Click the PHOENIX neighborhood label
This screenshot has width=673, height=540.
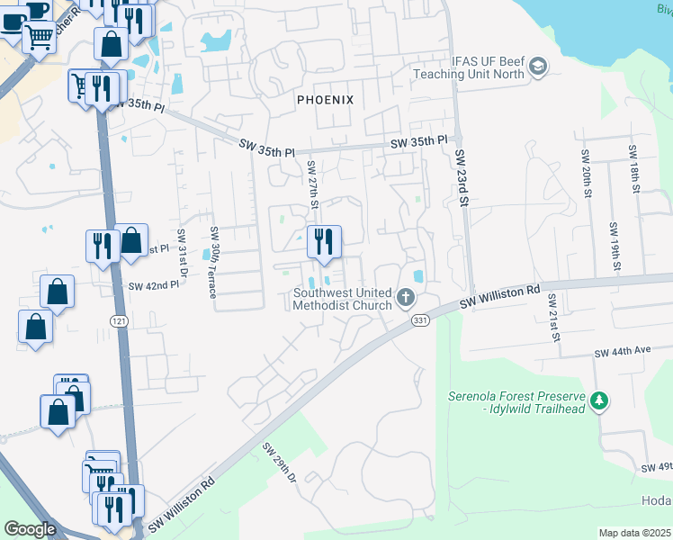pyautogui.click(x=326, y=100)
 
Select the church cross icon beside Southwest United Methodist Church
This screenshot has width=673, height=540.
pyautogui.click(x=406, y=296)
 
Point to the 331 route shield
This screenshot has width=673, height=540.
pyautogui.click(x=419, y=319)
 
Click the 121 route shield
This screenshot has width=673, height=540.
pyautogui.click(x=120, y=321)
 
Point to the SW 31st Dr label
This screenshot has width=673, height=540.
pyautogui.click(x=183, y=253)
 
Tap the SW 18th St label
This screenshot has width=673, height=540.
pyautogui.click(x=633, y=168)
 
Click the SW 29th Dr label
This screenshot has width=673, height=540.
pyautogui.click(x=281, y=463)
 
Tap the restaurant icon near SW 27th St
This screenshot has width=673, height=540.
pyautogui.click(x=325, y=241)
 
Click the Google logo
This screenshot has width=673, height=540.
pyautogui.click(x=29, y=529)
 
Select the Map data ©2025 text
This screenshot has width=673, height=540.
pyautogui.click(x=634, y=533)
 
